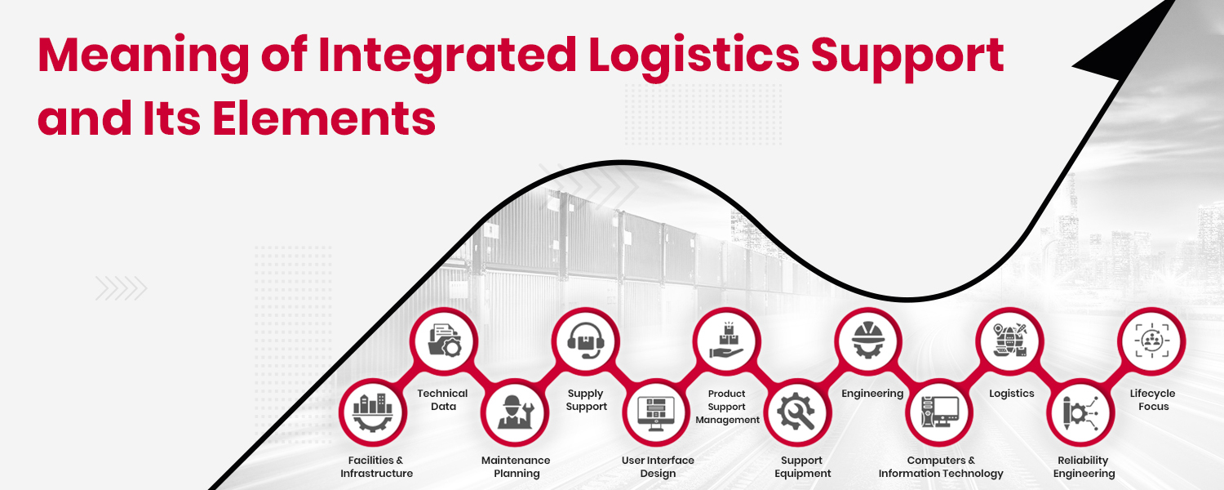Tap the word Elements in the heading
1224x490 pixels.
click(x=324, y=119)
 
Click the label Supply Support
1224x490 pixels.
click(x=587, y=400)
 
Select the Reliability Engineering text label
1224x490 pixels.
click(x=1084, y=467)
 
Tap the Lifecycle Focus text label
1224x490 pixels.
click(x=1152, y=400)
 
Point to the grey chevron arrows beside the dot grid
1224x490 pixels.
click(x=121, y=288)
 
